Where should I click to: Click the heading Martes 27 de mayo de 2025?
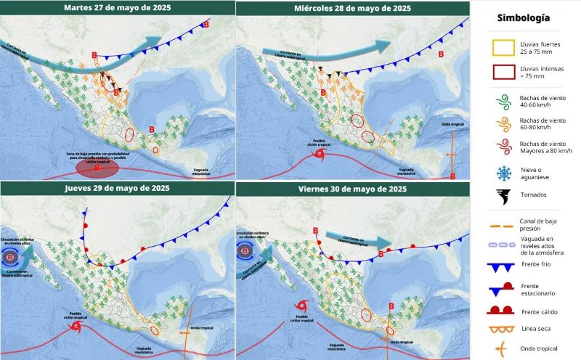coord(117,8)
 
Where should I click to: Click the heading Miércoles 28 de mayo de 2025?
coord(352,8)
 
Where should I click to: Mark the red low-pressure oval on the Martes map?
coord(97,169)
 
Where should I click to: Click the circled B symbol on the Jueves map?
coord(9,256)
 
